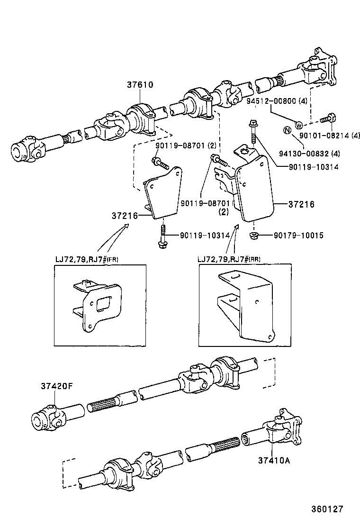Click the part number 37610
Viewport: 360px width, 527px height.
[x=140, y=85]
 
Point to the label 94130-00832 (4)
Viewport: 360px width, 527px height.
[x=309, y=153]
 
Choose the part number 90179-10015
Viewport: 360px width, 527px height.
[x=298, y=236]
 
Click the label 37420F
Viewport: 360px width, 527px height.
[x=56, y=385]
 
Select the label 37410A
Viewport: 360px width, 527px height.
[x=274, y=459]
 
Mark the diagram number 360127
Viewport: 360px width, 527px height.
[x=326, y=509]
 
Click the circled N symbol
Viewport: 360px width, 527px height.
[x=287, y=130]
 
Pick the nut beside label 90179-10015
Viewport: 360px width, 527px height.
[x=253, y=235]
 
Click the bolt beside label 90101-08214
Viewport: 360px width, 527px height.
[x=327, y=118]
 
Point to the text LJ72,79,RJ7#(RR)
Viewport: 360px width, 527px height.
[x=229, y=259]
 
